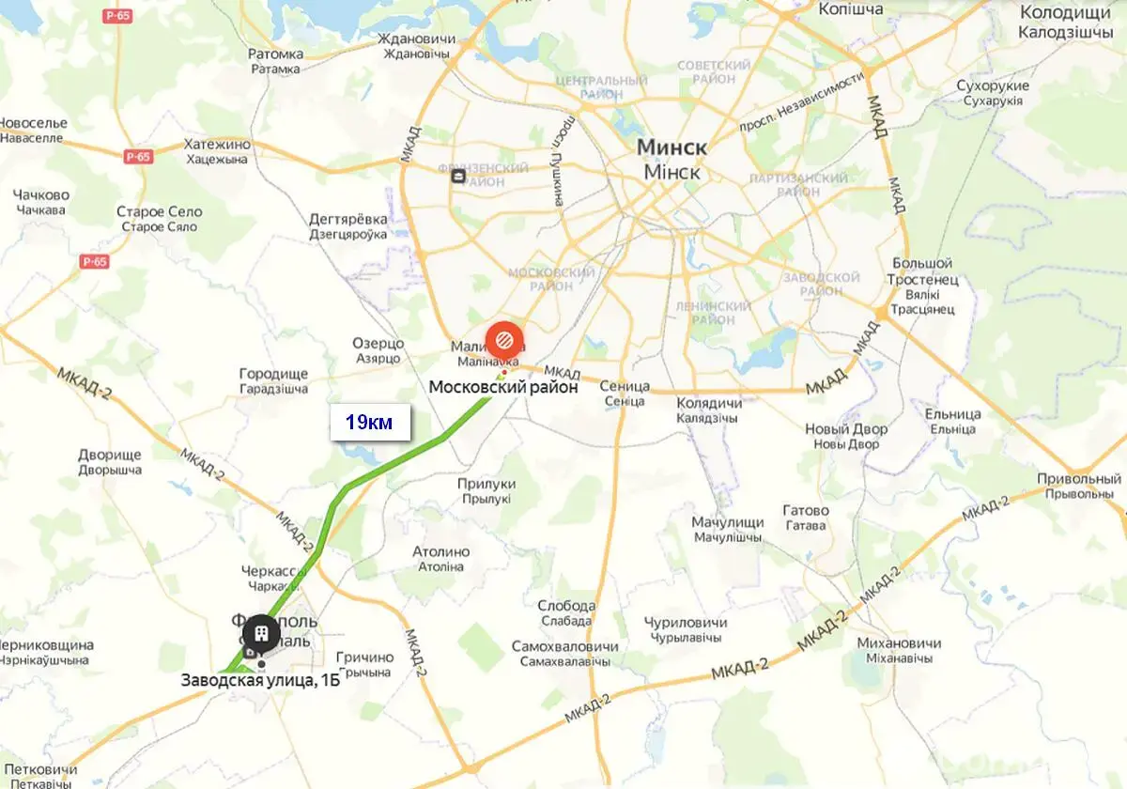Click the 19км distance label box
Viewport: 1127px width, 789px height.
pos(370,423)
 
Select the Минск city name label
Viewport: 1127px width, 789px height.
pos(672,147)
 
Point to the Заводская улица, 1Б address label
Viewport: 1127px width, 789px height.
pos(260,681)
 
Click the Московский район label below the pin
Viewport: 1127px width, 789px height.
pos(503,386)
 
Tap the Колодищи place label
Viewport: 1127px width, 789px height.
pos(1065,13)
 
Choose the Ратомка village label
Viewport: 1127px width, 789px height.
pos(276,54)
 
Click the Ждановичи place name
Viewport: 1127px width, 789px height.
pos(415,39)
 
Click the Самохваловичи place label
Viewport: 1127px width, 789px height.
pos(565,647)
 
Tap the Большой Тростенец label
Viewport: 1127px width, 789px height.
pos(922,271)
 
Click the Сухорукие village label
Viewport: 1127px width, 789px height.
pos(993,86)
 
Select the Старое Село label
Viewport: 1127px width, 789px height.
pos(159,212)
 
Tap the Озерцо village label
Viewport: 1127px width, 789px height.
pos(378,344)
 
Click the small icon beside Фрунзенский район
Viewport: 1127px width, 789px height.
pos(457,176)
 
